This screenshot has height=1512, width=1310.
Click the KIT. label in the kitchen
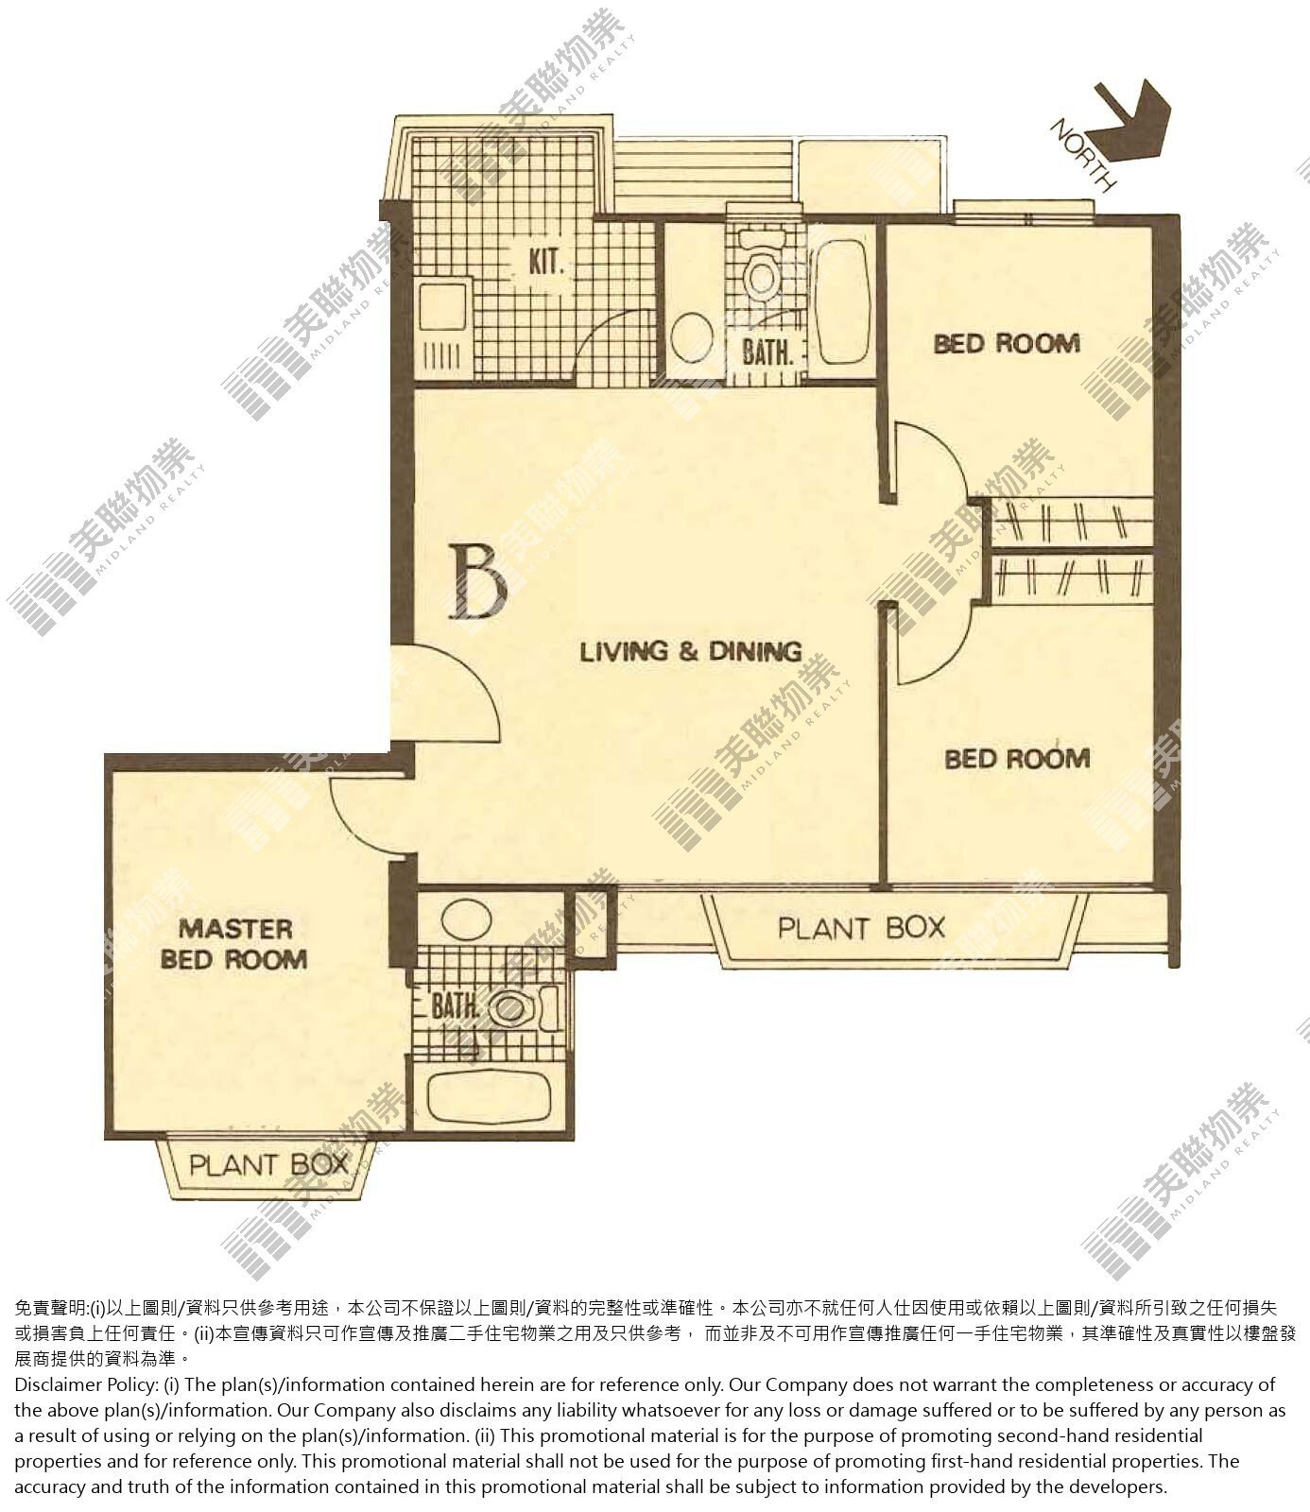pyautogui.click(x=546, y=261)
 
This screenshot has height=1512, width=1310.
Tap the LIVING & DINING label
pyautogui.click(x=690, y=651)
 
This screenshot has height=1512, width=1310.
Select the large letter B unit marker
pyautogui.click(x=480, y=581)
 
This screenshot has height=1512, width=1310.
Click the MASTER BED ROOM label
pyautogui.click(x=234, y=944)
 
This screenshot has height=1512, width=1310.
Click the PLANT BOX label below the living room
pyautogui.click(x=861, y=928)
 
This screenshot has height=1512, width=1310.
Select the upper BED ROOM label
pyautogui.click(x=1007, y=343)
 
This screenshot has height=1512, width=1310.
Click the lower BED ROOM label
pyautogui.click(x=1017, y=758)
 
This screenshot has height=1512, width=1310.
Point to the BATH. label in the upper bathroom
pyautogui.click(x=767, y=352)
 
